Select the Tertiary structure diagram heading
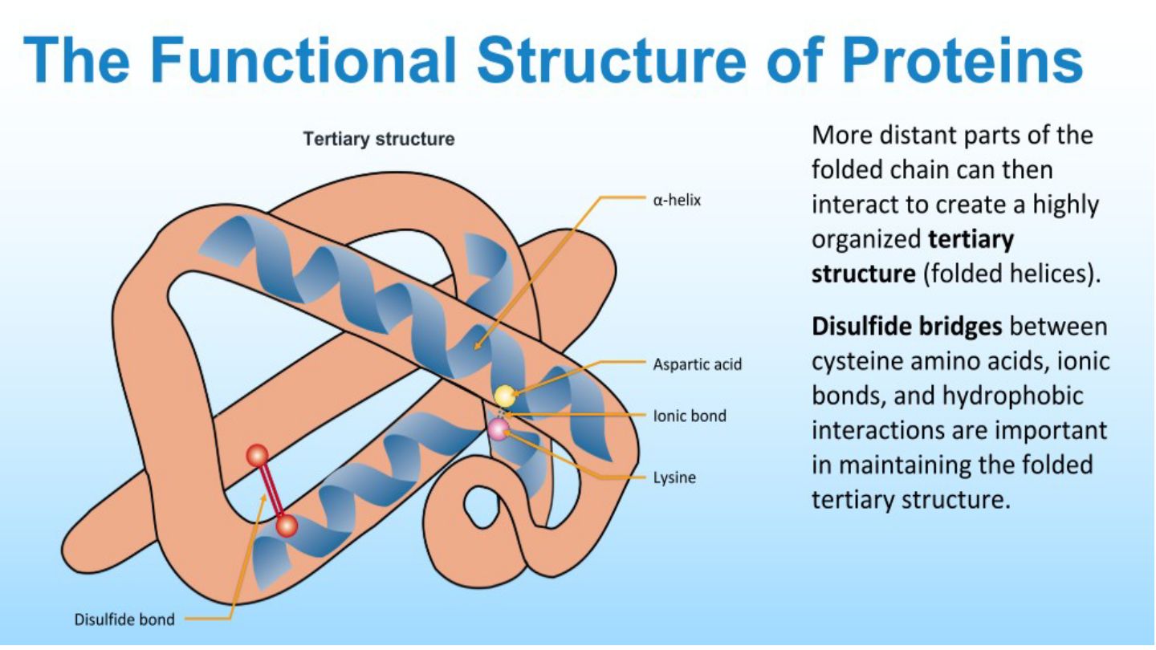point(379,139)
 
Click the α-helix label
point(677,200)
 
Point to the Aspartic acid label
point(697,364)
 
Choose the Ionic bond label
point(690,416)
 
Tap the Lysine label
point(674,477)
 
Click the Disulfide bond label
point(124,619)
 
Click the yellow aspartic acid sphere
point(505,396)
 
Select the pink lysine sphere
point(499,429)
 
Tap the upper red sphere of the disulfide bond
point(257,456)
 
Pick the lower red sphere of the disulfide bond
point(287,526)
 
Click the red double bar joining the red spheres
point(272,491)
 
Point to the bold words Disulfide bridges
point(907,327)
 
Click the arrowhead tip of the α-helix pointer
point(474,349)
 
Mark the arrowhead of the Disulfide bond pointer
point(263,496)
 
